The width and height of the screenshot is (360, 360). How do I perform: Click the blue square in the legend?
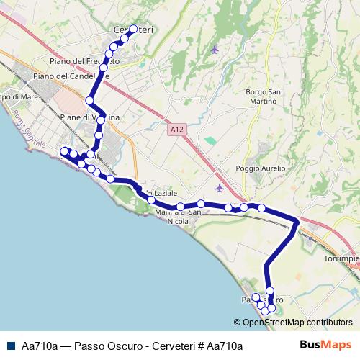click(x=11, y=346)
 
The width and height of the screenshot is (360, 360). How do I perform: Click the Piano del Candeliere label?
click(x=71, y=76)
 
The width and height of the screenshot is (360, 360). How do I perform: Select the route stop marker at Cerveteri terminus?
click(x=133, y=29)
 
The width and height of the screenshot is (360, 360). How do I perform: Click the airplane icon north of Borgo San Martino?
click(x=216, y=50)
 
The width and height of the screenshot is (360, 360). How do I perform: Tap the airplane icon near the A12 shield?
click(x=219, y=188)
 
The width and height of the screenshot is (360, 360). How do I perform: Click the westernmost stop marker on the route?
click(x=64, y=150)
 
